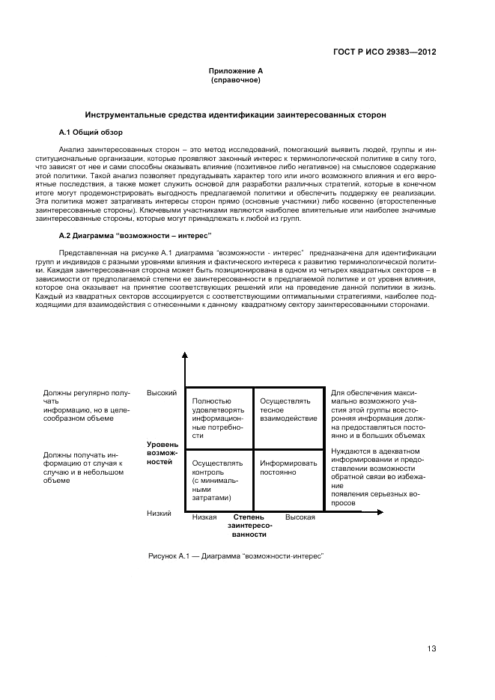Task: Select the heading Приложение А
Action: tap(235, 70)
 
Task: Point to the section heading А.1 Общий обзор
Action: tap(87, 132)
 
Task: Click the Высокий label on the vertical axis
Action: tap(161, 393)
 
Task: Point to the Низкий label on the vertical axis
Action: tap(159, 514)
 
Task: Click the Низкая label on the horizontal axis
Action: tap(204, 517)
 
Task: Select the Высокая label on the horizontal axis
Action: tap(300, 517)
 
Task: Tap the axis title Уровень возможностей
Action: tap(160, 453)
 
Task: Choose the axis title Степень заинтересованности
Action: tap(249, 526)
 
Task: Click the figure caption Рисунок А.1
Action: tap(235, 558)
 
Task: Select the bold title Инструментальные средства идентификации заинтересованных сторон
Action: tap(235, 116)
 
